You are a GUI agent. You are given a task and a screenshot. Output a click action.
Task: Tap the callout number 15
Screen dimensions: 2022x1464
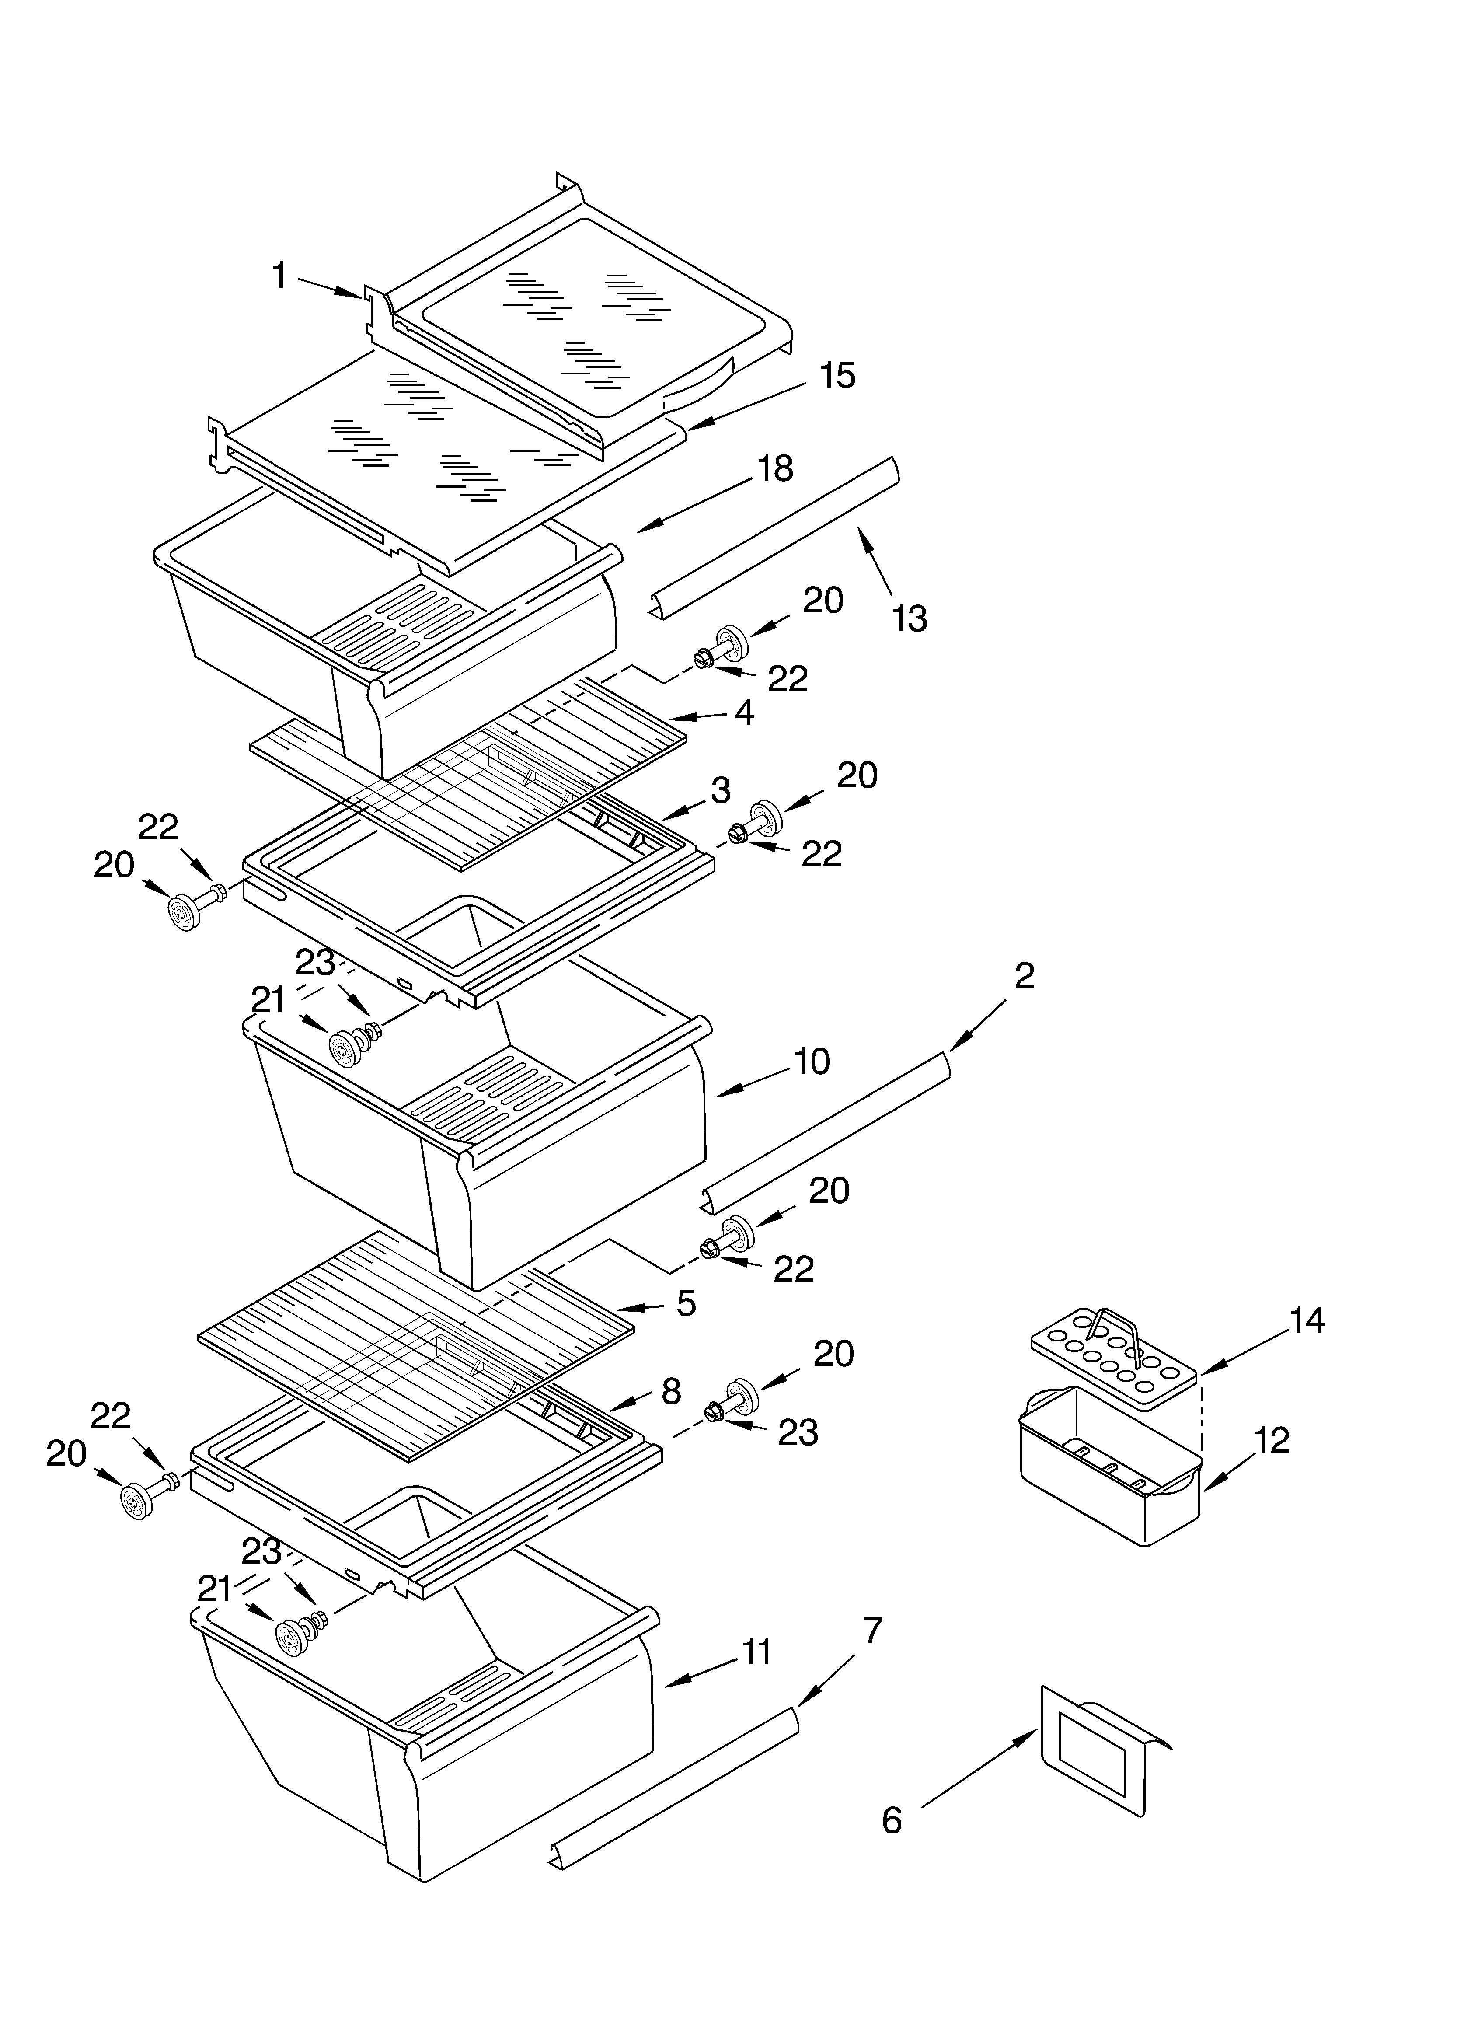[x=837, y=375]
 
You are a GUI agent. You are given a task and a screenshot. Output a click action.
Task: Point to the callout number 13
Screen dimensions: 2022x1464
[x=910, y=618]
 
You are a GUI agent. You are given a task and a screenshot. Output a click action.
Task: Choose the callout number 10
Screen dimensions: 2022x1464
[x=811, y=1061]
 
